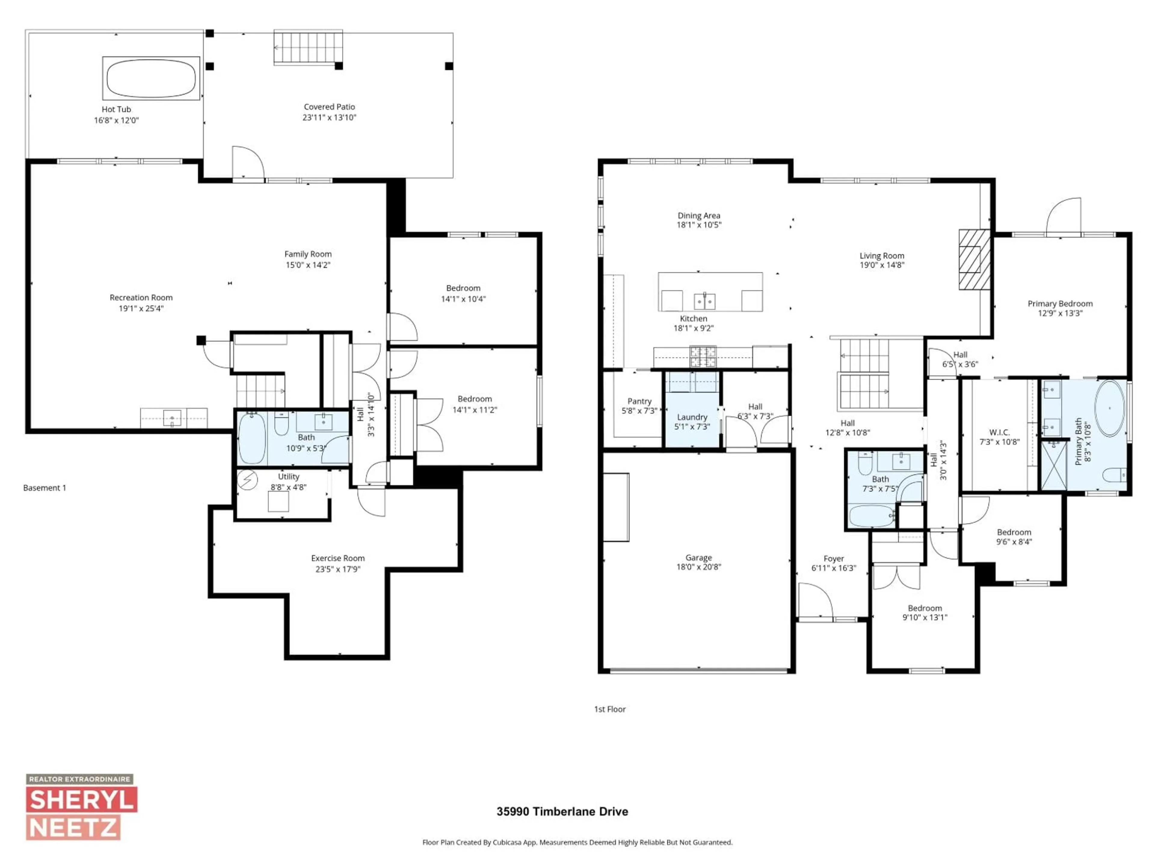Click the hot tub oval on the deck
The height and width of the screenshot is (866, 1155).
[x=151, y=78]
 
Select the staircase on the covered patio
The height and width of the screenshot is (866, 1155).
[x=308, y=47]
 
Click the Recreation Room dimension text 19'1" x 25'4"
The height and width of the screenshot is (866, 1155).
[x=141, y=309]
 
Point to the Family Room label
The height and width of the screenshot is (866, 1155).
[x=307, y=254]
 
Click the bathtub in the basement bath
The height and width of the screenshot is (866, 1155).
[x=252, y=438]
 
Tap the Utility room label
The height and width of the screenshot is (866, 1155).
[x=288, y=477]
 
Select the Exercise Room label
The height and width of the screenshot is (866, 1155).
[x=338, y=558]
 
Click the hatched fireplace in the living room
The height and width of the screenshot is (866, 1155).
[x=974, y=259]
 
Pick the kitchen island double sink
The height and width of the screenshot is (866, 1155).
[x=704, y=301]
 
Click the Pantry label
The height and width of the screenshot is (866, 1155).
[x=639, y=401]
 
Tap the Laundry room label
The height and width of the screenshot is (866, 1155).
[x=692, y=417]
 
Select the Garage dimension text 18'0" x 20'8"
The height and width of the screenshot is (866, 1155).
[x=699, y=567]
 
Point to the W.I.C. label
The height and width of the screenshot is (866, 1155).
[x=999, y=432]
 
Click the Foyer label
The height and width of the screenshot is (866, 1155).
[x=833, y=559]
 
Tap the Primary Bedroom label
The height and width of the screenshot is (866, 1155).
[x=1059, y=304]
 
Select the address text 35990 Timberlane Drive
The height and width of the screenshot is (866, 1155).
[x=562, y=812]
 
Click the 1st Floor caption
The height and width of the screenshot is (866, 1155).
[x=609, y=709]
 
